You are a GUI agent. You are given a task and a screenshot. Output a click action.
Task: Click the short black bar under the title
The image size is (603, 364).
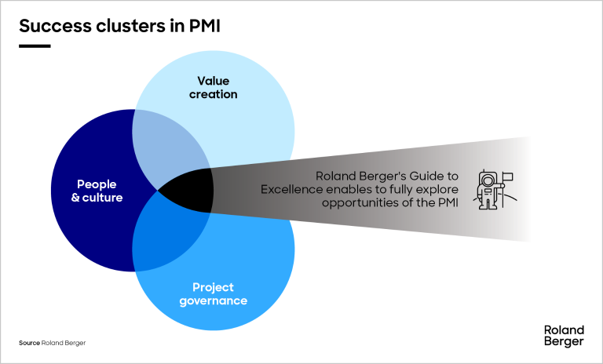pyautogui.click(x=35, y=46)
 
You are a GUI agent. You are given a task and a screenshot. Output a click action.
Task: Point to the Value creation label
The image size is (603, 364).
pyautogui.click(x=217, y=87)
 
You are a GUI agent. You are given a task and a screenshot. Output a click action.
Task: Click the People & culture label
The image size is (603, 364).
pyautogui.click(x=97, y=191)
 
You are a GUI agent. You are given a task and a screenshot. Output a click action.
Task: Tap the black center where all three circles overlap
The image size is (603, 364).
pyautogui.click(x=192, y=190)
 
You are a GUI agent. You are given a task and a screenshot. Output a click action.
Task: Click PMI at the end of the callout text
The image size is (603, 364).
pyautogui.click(x=446, y=202)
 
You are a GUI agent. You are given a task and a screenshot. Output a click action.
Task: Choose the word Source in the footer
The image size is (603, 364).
pyautogui.click(x=29, y=344)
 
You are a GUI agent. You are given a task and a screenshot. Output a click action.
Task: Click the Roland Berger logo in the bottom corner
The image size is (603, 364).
pyautogui.click(x=563, y=335)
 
